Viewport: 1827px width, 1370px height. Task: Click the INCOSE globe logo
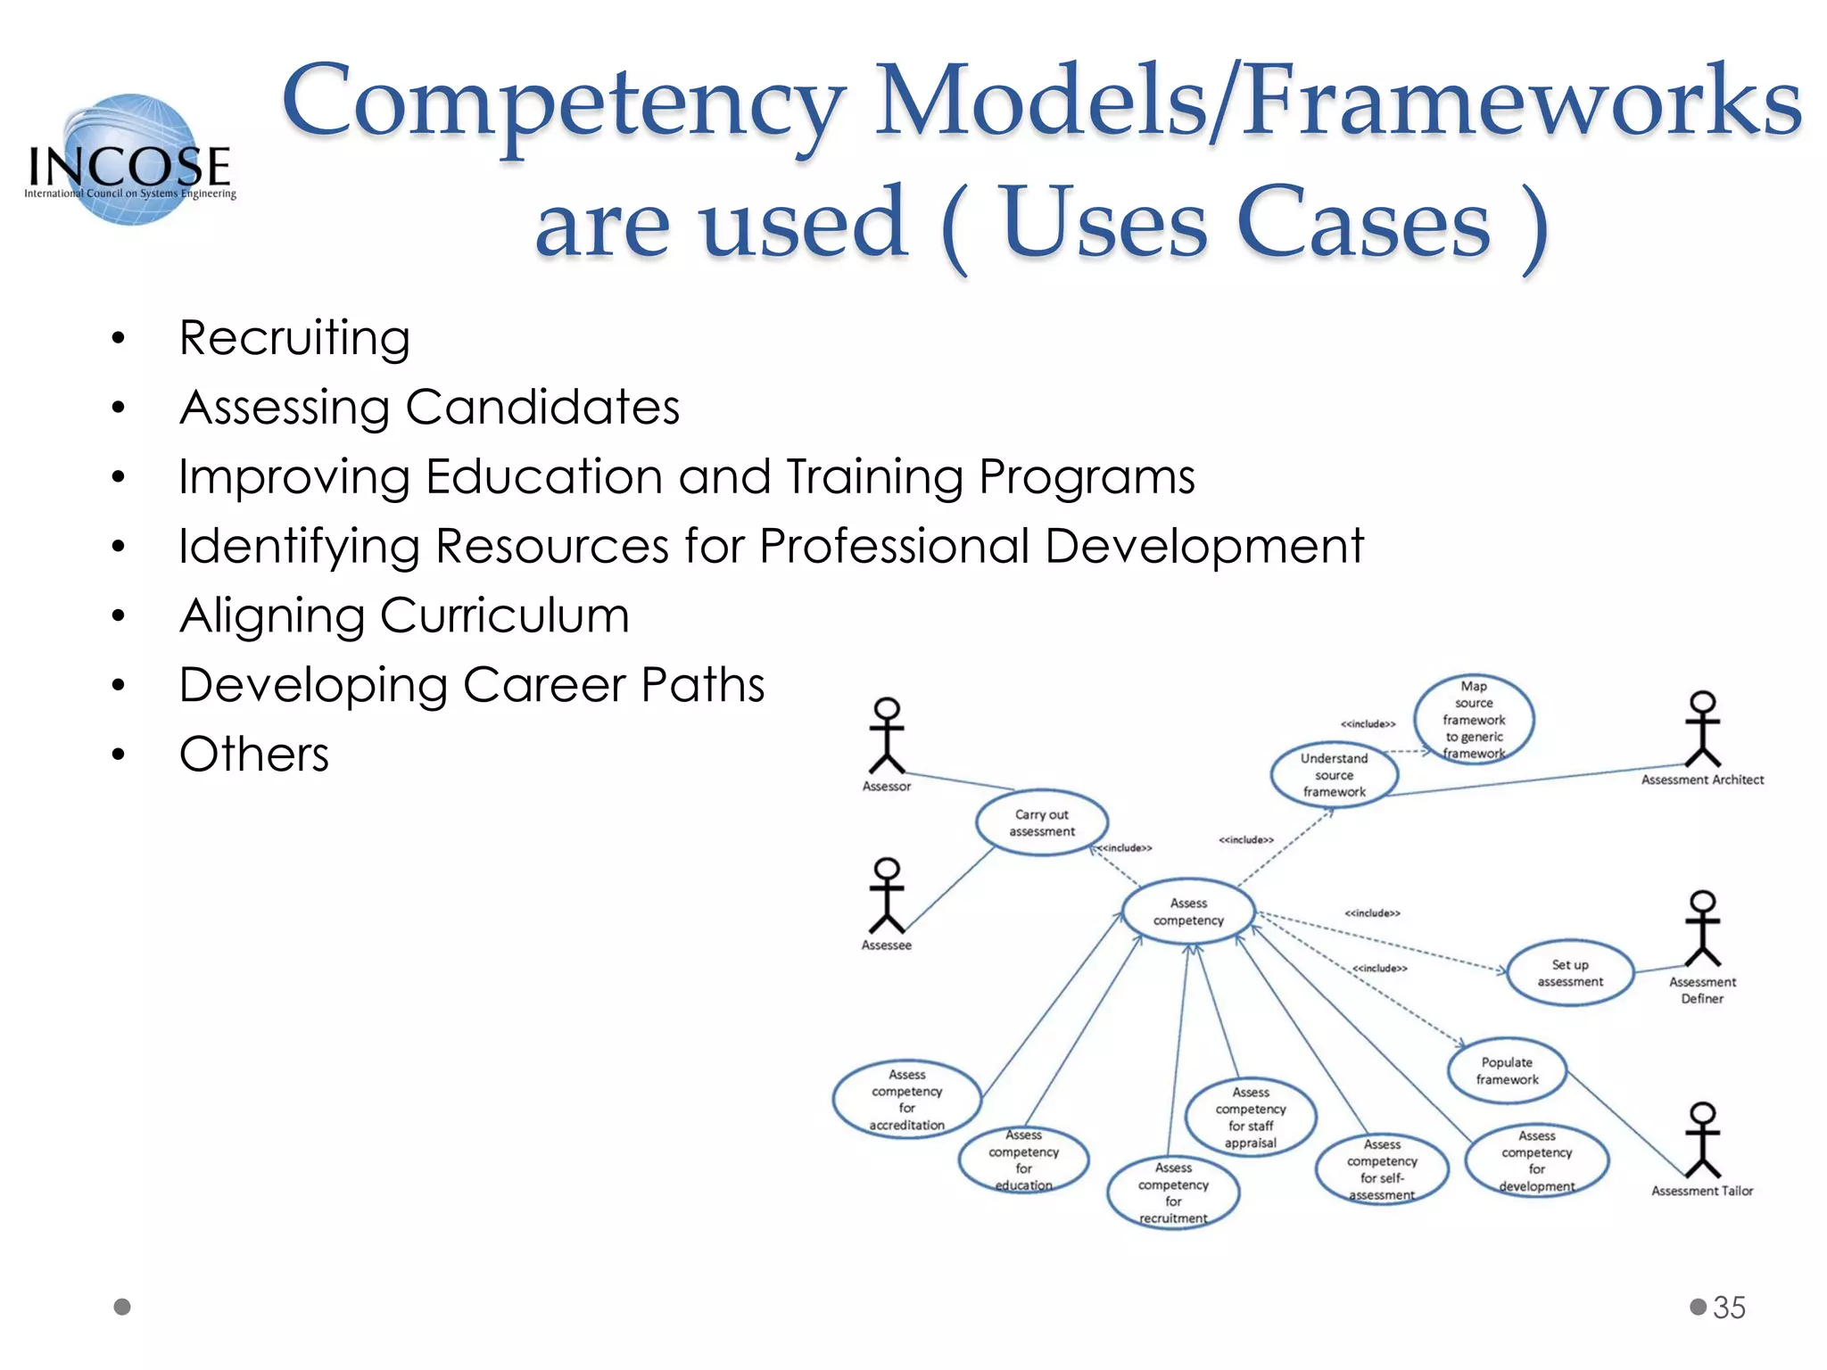point(130,159)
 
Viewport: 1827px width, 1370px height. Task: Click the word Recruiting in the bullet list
point(294,339)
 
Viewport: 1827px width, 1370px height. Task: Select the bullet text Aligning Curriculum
point(404,616)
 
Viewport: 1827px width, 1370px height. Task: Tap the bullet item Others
point(254,755)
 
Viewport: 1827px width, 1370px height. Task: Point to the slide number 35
point(1729,1308)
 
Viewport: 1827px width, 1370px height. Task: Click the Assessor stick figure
point(887,737)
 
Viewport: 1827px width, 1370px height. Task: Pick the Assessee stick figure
point(887,896)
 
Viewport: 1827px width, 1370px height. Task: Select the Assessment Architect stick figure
point(1702,730)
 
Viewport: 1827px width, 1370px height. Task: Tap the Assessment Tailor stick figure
point(1702,1141)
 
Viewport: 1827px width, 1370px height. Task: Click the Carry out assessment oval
point(1042,823)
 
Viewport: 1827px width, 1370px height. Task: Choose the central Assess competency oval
point(1188,912)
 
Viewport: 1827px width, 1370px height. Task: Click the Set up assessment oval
point(1570,973)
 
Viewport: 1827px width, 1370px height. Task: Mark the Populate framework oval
point(1507,1071)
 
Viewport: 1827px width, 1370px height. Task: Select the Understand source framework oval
point(1334,775)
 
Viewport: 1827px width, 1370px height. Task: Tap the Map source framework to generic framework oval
point(1474,720)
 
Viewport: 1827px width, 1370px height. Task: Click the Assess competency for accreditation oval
point(907,1100)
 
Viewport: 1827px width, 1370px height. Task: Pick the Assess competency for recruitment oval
point(1173,1193)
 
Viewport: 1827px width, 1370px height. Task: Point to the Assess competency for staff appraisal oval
point(1251,1118)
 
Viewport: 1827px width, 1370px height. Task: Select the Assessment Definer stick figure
point(1702,929)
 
